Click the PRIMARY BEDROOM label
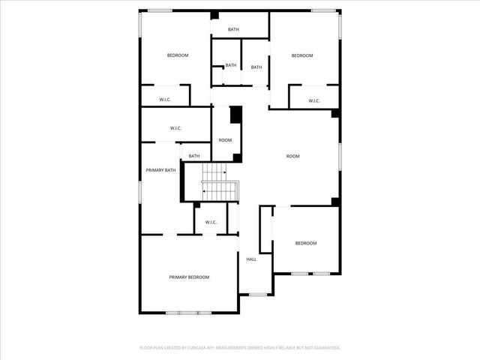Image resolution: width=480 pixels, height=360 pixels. [x=189, y=277]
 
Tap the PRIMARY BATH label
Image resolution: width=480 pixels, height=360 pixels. [x=160, y=170]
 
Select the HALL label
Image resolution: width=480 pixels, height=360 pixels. [x=251, y=259]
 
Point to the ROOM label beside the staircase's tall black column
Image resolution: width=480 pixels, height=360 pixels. [x=225, y=140]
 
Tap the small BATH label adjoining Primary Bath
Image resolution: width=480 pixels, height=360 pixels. [x=194, y=156]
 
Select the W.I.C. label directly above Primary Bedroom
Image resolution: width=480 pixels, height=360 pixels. [x=211, y=222]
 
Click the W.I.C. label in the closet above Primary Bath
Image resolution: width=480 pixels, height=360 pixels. [x=175, y=128]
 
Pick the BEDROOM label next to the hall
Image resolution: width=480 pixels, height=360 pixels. [x=305, y=243]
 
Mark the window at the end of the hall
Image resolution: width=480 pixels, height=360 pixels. [x=257, y=294]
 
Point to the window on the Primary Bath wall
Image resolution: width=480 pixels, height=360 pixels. [x=140, y=191]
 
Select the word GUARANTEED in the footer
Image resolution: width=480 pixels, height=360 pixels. [x=324, y=348]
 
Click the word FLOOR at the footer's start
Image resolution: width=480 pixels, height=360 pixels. [x=146, y=348]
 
